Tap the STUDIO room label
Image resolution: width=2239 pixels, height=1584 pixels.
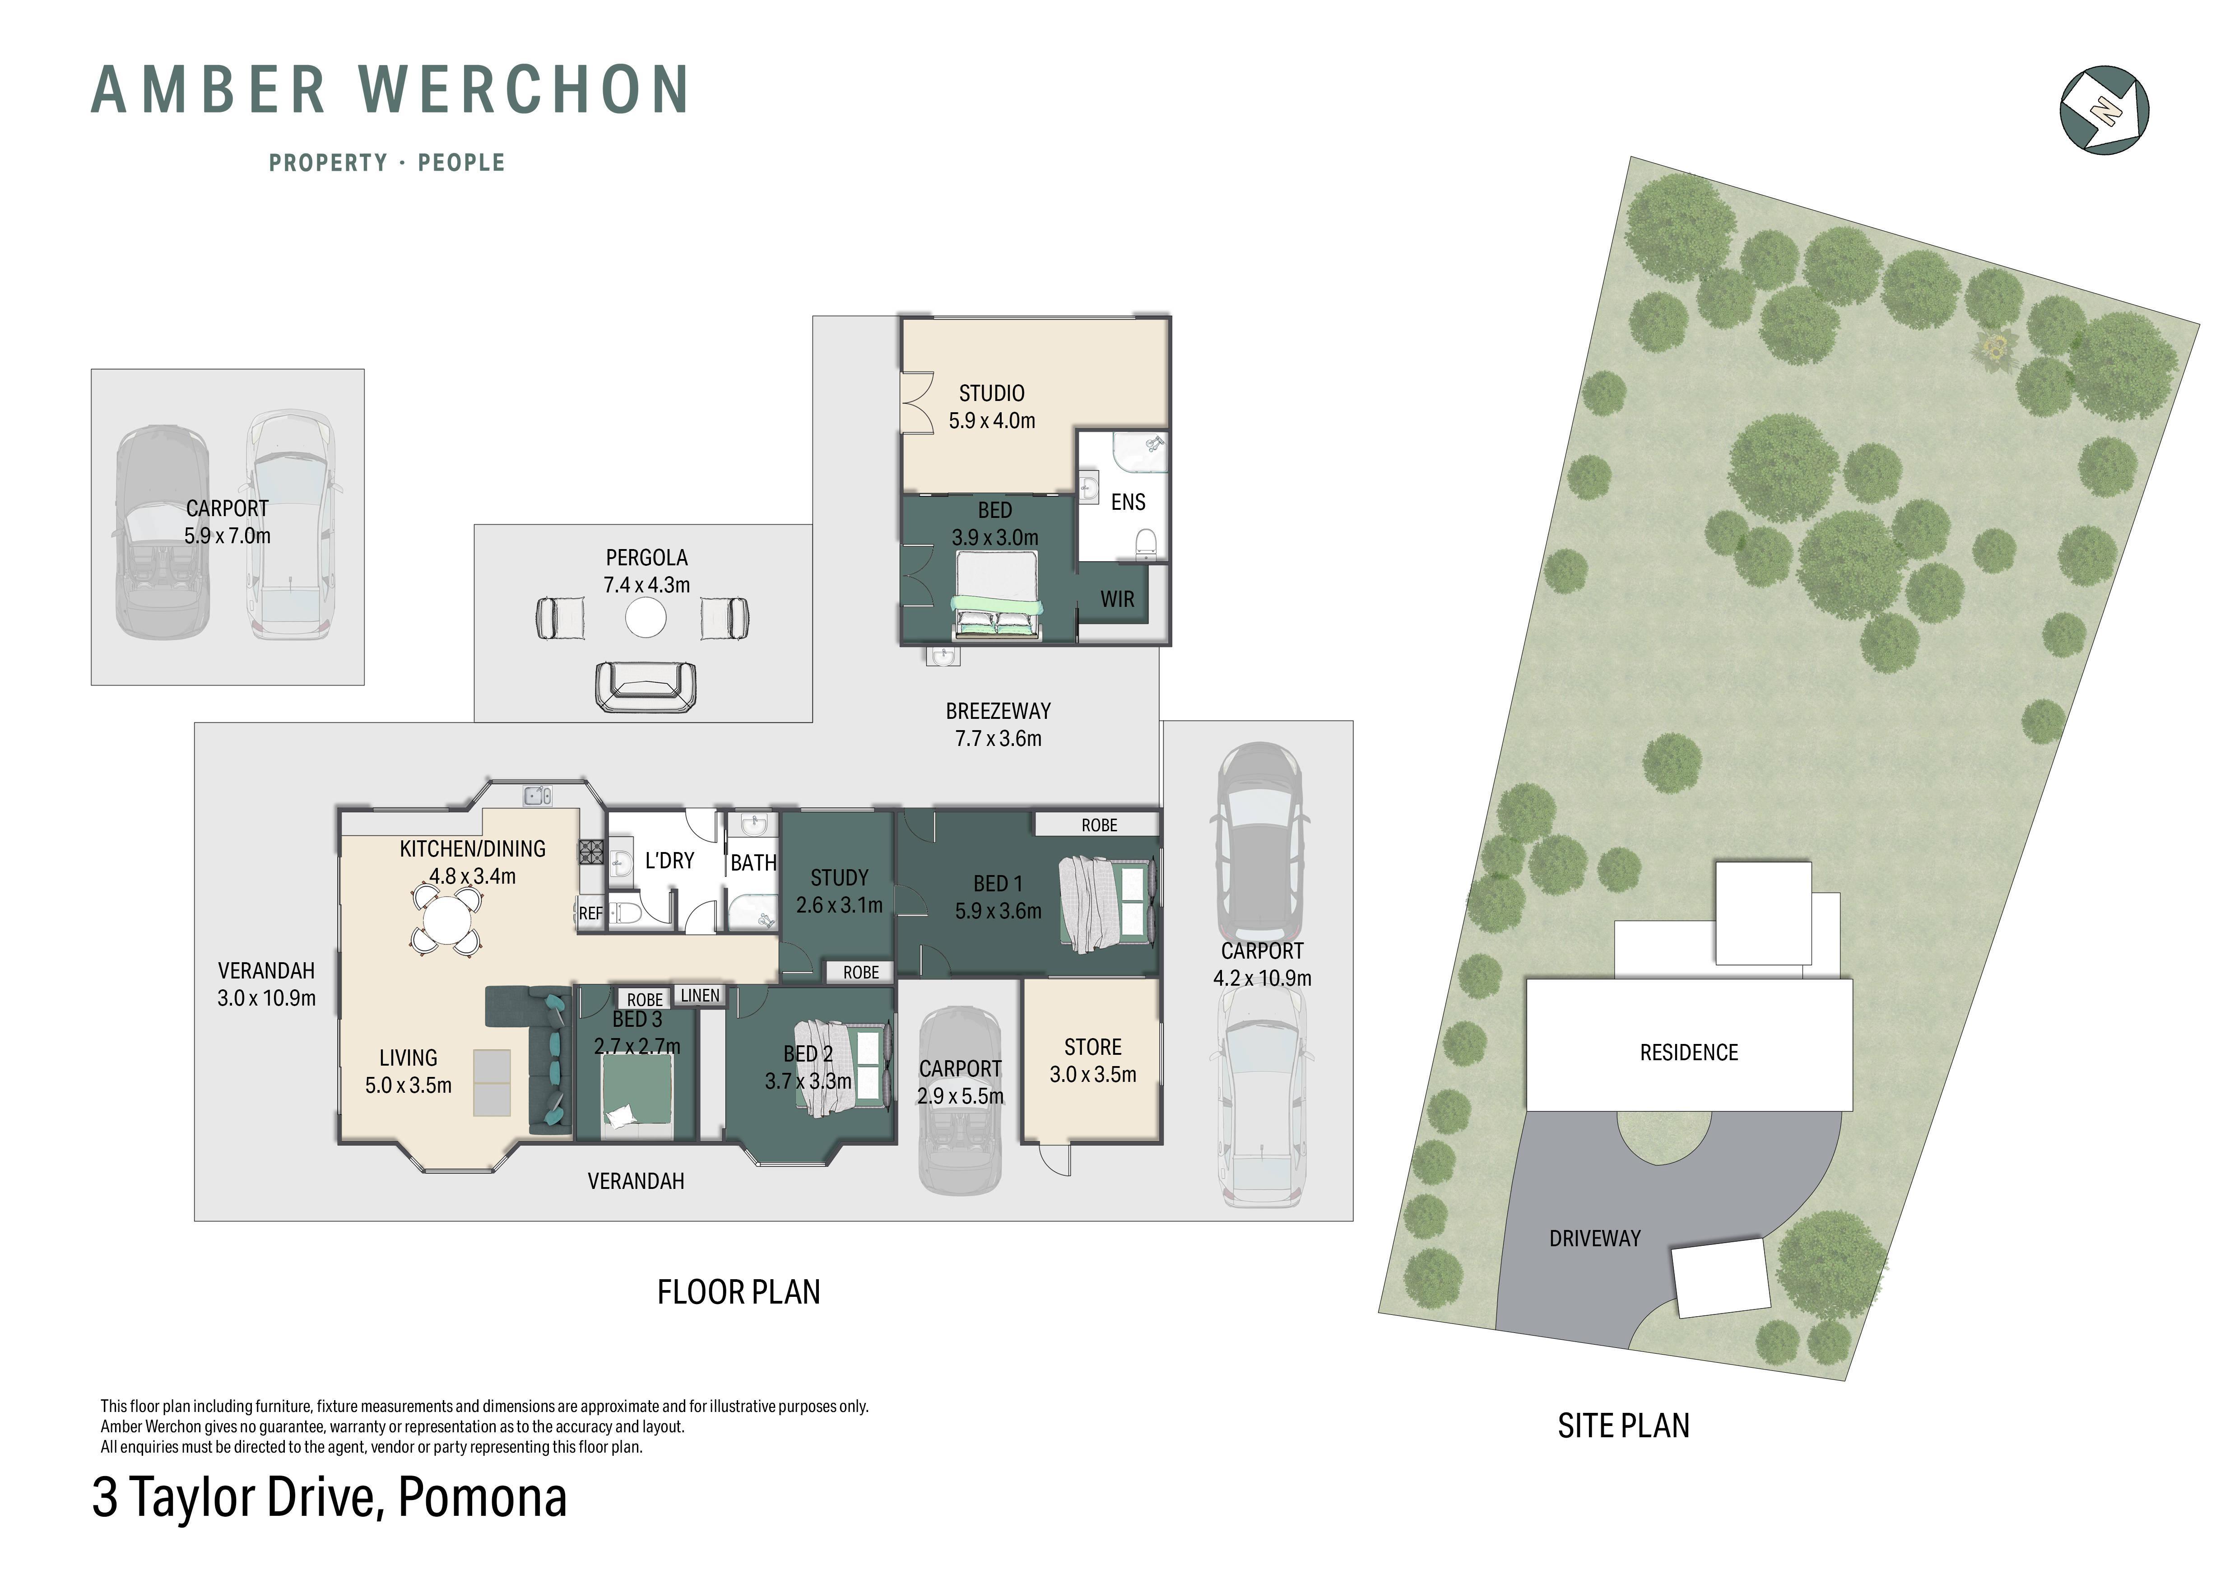pos(992,393)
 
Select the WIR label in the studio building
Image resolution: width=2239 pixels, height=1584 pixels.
pos(1118,599)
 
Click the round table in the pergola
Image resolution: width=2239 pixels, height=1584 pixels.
pos(646,617)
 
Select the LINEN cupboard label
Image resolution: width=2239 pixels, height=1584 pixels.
pos(700,995)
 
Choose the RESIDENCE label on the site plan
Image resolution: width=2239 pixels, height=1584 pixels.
pos(1689,1053)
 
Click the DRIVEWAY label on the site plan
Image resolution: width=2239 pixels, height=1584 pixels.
pos(1595,1239)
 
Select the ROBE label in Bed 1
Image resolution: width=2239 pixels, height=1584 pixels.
pos(1099,825)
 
